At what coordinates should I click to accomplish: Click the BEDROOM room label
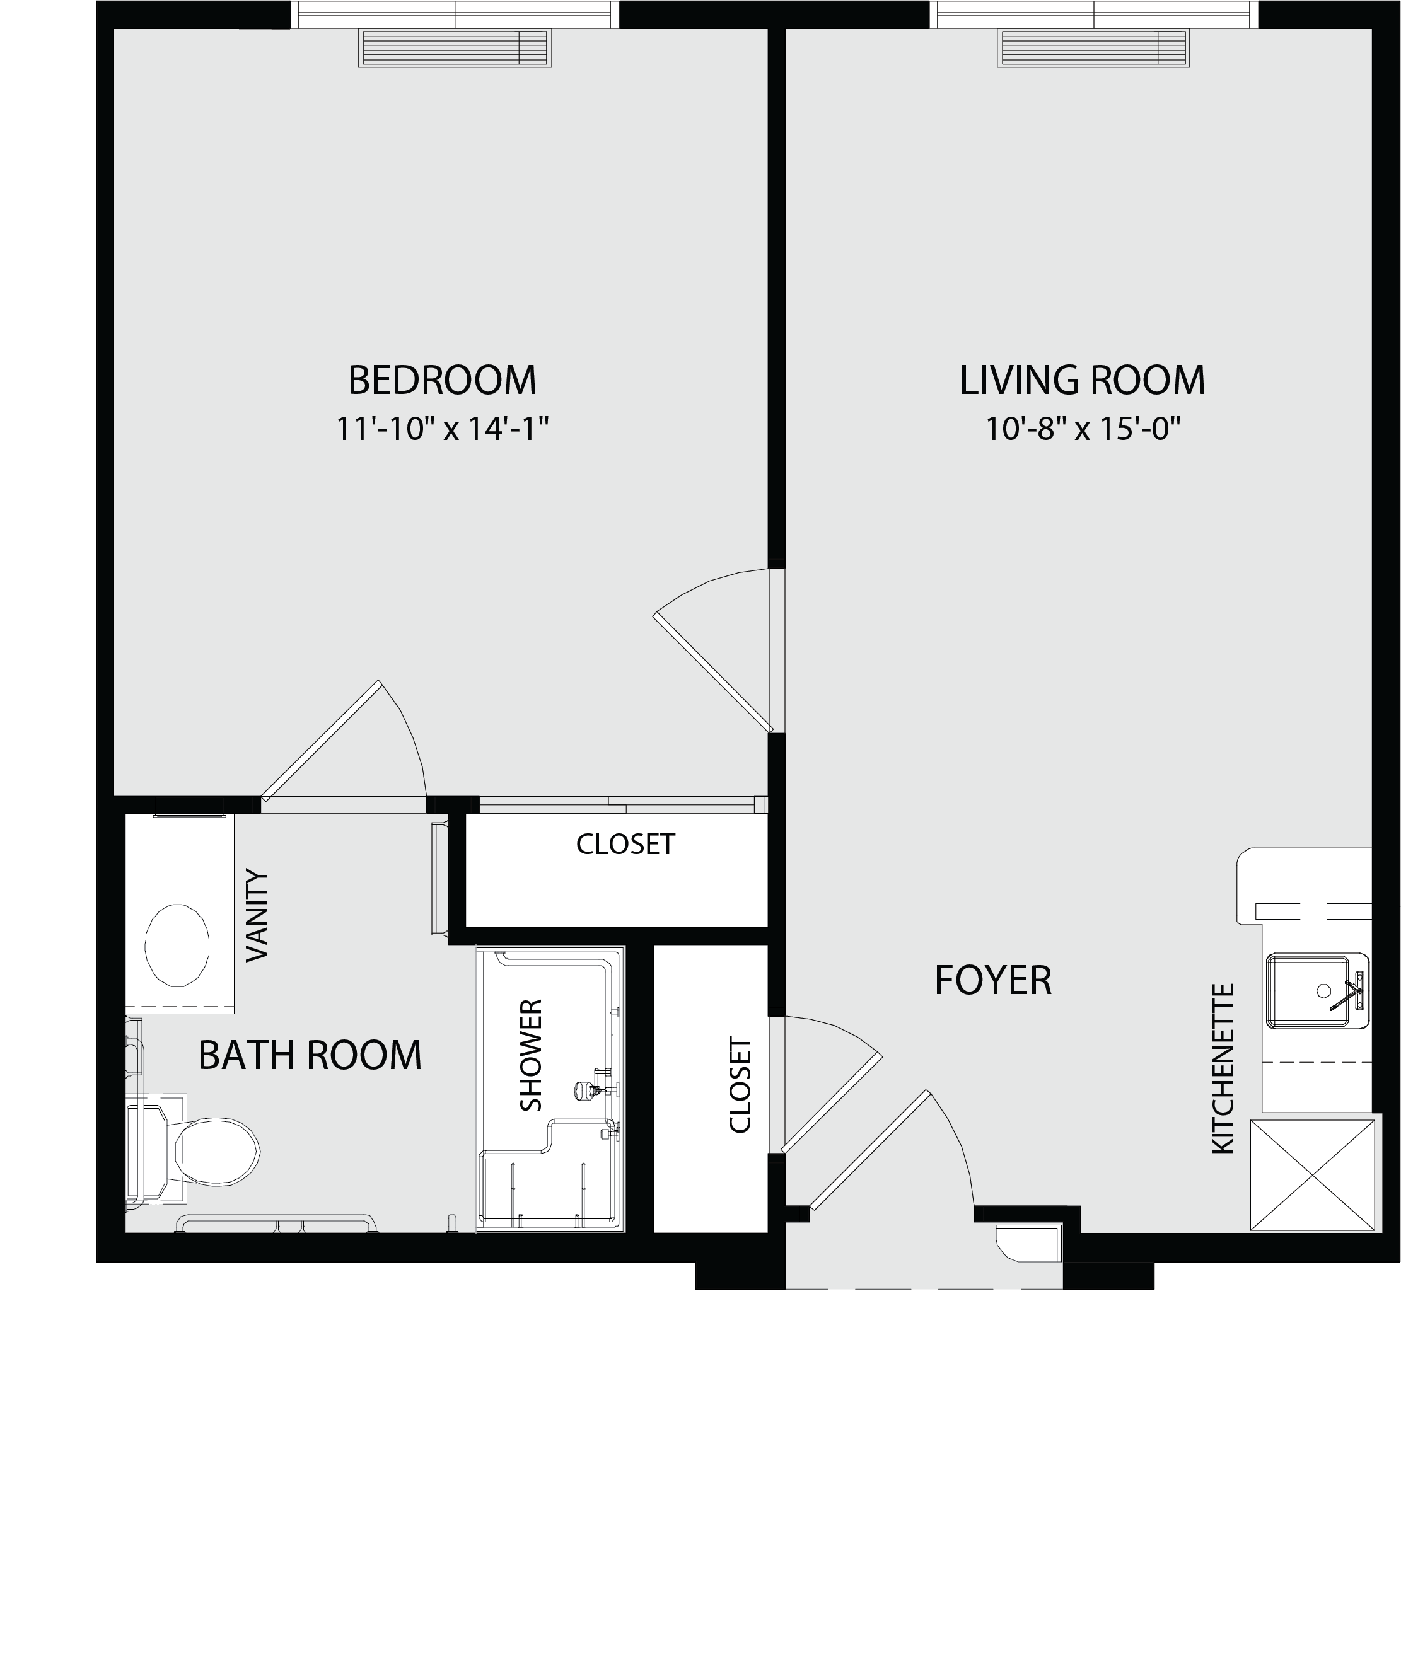click(x=443, y=379)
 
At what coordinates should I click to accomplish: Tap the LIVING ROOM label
click(x=1083, y=379)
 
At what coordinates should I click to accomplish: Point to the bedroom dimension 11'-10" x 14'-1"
click(x=443, y=429)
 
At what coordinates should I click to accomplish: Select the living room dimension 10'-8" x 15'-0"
click(x=1083, y=429)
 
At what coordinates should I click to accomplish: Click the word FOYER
click(x=993, y=980)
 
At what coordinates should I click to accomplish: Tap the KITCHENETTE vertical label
click(x=1223, y=1068)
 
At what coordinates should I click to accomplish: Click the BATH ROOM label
click(x=310, y=1055)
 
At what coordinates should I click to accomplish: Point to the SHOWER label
click(x=530, y=1055)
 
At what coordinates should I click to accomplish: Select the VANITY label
click(x=257, y=915)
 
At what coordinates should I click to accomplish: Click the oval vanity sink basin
click(x=177, y=945)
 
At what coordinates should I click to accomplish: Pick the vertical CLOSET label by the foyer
click(x=740, y=1085)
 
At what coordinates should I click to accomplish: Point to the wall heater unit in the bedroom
click(x=455, y=49)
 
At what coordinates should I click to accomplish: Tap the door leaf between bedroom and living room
click(x=712, y=673)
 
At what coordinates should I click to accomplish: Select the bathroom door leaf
click(x=321, y=740)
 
